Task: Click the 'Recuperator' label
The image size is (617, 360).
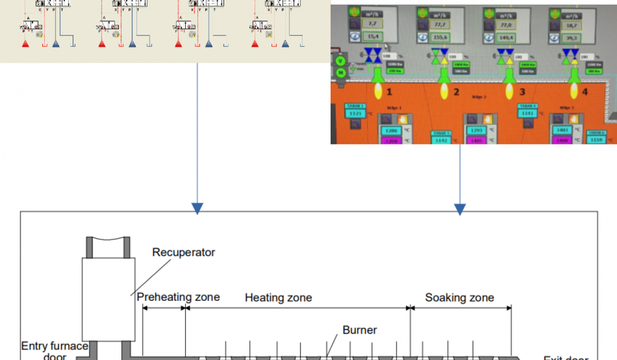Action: point(184,253)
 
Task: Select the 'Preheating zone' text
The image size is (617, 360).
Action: point(178,297)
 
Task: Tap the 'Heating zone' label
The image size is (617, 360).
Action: point(278,298)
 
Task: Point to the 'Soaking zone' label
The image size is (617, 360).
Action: point(460,298)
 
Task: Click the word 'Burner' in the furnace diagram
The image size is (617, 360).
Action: point(360,330)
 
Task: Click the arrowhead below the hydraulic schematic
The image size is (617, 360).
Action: point(197,208)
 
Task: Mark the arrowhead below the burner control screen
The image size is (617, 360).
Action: point(460,209)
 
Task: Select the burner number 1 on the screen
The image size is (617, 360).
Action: point(389,92)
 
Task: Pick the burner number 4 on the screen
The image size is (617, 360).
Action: point(586,93)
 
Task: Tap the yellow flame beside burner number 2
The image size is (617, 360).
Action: point(444,93)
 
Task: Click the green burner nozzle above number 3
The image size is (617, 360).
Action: point(510,75)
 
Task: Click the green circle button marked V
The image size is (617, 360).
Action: point(340,61)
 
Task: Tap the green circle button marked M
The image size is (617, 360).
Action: point(340,73)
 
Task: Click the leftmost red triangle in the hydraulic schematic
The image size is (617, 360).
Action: point(25,44)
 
